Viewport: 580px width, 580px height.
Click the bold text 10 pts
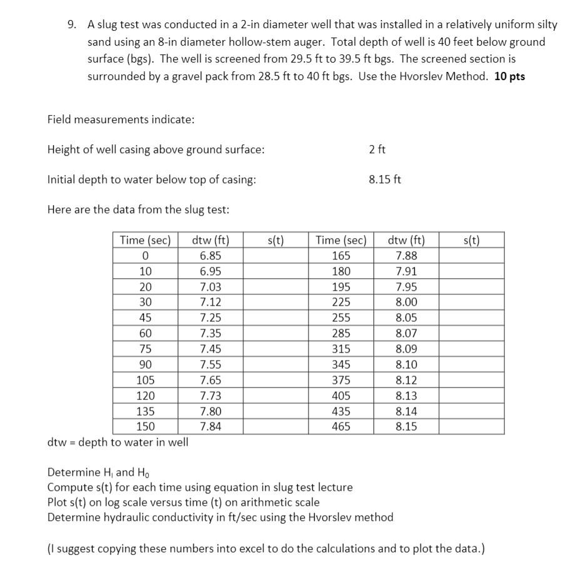pyautogui.click(x=509, y=76)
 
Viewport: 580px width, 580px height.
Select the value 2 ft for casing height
pyautogui.click(x=377, y=149)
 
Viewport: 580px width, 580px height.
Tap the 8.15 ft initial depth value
pyautogui.click(x=385, y=179)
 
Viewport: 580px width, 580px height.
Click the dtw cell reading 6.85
pyautogui.click(x=210, y=256)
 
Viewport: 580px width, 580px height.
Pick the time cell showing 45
pyautogui.click(x=145, y=317)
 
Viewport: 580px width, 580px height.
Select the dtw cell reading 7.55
pyautogui.click(x=210, y=364)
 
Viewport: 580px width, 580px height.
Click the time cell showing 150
pyautogui.click(x=145, y=426)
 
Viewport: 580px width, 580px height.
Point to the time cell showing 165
pyautogui.click(x=341, y=256)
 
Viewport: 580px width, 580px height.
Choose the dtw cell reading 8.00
pyautogui.click(x=406, y=302)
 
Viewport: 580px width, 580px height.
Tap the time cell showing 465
pyautogui.click(x=341, y=426)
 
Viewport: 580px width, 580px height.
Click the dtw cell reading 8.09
pyautogui.click(x=406, y=349)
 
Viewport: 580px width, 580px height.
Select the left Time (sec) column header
pyautogui.click(x=145, y=240)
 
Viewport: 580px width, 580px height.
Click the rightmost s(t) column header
pyautogui.click(x=471, y=240)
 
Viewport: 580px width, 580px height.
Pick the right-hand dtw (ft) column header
pyautogui.click(x=406, y=240)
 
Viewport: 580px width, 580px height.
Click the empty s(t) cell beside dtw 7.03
pyautogui.click(x=275, y=287)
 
